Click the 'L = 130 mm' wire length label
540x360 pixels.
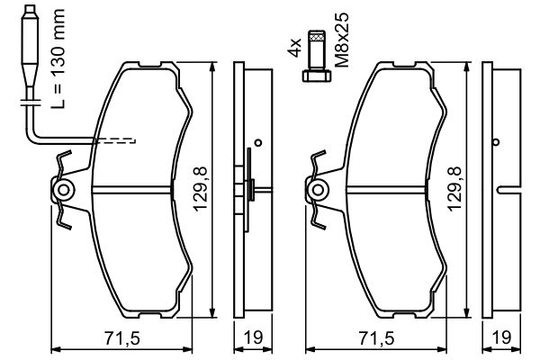(x=58, y=58)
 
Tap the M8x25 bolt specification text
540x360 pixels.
(x=342, y=40)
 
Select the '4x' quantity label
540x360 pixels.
(x=294, y=48)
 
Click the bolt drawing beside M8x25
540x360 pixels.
(x=317, y=56)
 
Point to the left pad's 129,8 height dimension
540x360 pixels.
(x=200, y=189)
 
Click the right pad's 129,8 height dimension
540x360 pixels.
(x=454, y=189)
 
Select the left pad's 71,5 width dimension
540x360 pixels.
(x=121, y=338)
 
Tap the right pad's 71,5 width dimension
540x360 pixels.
(x=376, y=338)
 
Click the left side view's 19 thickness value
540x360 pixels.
(x=253, y=338)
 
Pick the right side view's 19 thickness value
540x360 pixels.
(x=502, y=338)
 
